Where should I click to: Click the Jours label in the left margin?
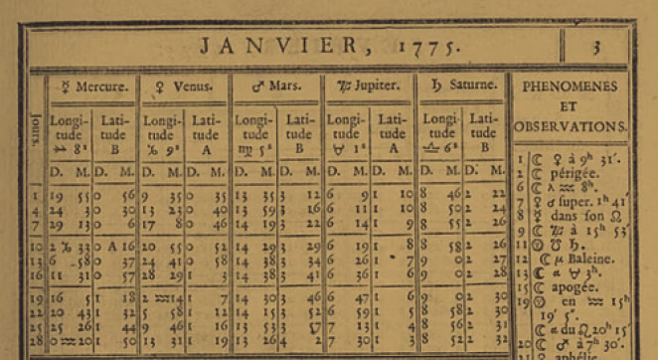[38, 130]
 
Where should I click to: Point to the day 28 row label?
[37, 341]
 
